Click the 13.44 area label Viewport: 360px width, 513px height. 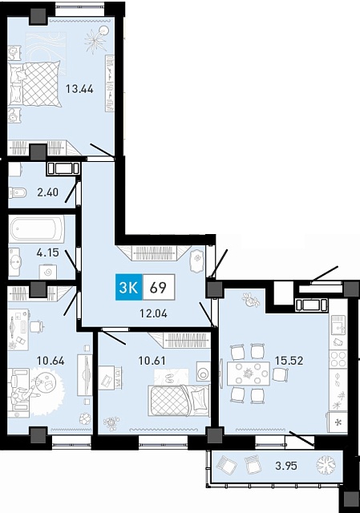[x=79, y=89]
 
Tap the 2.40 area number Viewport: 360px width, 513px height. [x=48, y=192]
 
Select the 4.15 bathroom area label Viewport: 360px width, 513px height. [x=48, y=252]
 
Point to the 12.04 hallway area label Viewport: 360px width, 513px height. [x=153, y=313]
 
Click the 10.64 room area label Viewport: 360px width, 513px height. [x=51, y=361]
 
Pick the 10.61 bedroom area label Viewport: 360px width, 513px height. [x=152, y=361]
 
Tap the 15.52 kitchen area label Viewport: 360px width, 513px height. [x=289, y=361]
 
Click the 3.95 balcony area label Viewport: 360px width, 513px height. [x=286, y=466]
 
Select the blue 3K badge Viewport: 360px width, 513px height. [x=128, y=287]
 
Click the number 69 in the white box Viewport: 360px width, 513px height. [x=159, y=288]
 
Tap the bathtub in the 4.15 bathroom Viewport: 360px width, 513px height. [x=37, y=228]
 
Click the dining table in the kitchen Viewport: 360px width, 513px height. [x=249, y=374]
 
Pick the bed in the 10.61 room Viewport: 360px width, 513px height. [x=179, y=401]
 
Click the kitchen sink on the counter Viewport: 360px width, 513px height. [x=338, y=325]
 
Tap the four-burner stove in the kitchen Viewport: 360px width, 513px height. [x=338, y=359]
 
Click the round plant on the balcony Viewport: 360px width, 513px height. [x=326, y=465]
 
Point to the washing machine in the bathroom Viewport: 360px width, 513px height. [x=48, y=272]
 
